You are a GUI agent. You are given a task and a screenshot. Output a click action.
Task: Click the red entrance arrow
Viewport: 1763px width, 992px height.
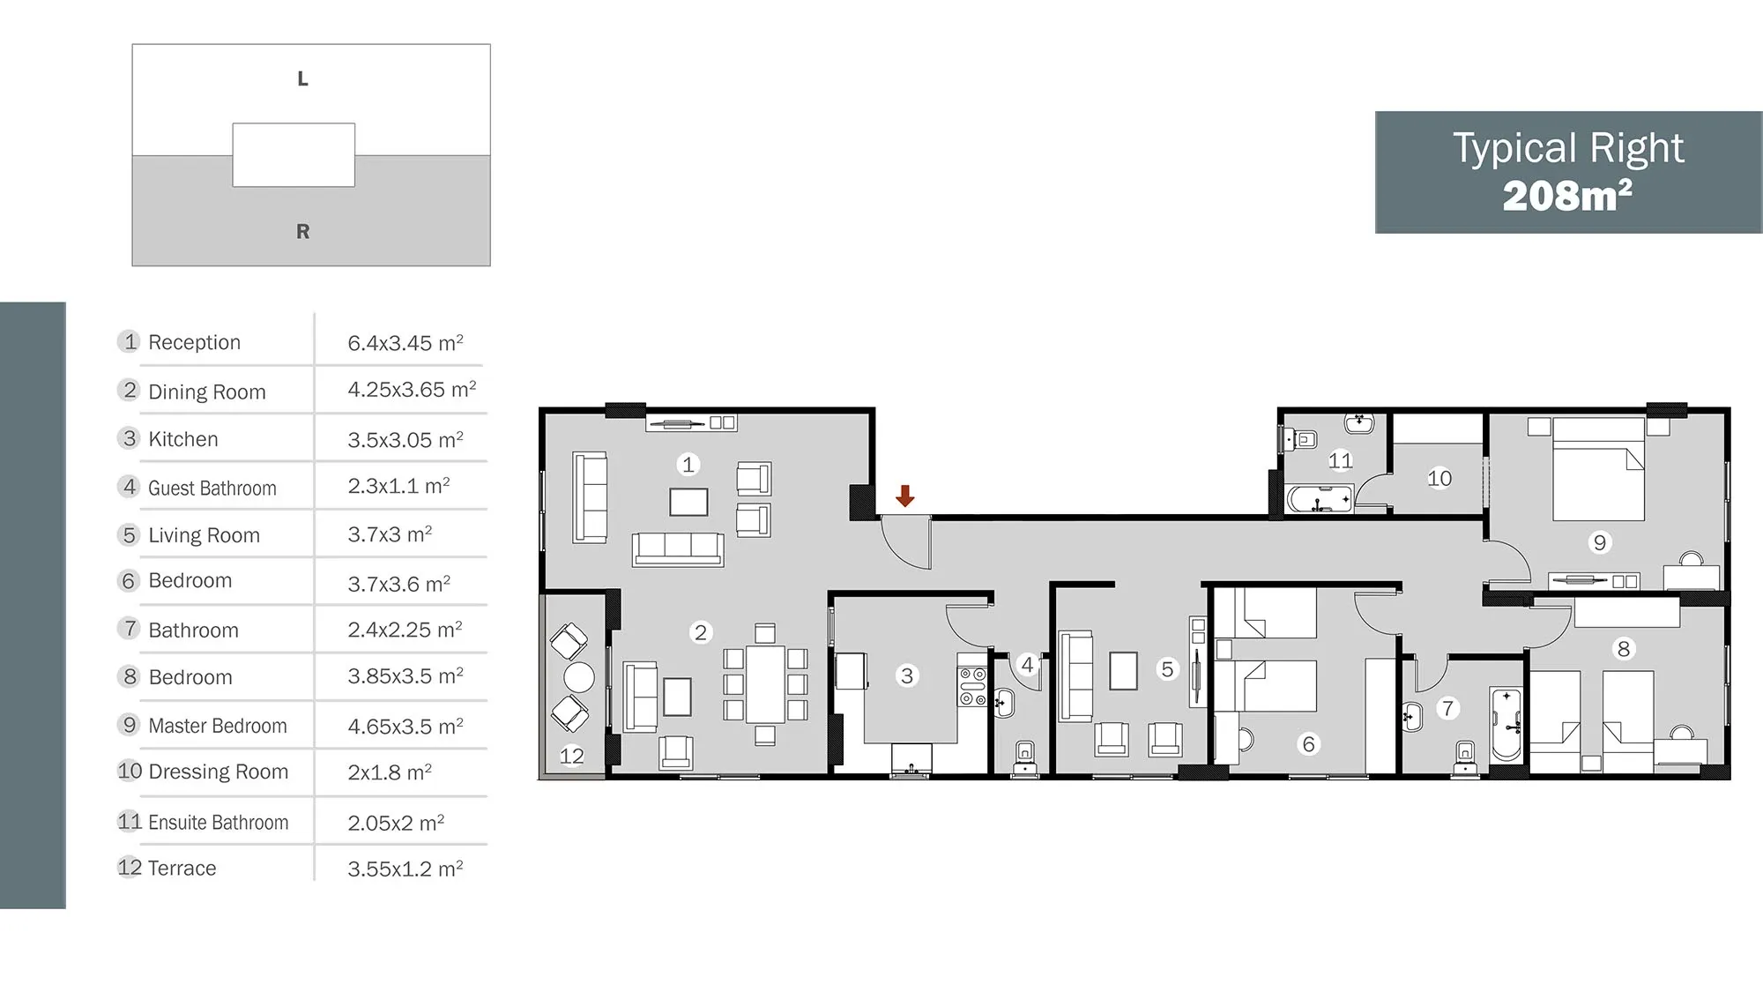click(x=904, y=496)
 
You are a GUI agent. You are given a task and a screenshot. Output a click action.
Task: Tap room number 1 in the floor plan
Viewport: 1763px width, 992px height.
click(x=688, y=464)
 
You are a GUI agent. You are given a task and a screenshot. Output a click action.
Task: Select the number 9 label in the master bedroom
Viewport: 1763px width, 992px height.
click(x=1600, y=542)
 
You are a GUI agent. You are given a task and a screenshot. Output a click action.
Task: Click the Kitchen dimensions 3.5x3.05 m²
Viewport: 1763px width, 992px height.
click(x=405, y=439)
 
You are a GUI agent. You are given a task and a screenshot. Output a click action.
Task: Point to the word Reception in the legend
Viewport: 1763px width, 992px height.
click(x=194, y=342)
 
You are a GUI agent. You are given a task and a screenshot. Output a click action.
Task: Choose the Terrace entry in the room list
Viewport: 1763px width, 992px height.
click(x=182, y=868)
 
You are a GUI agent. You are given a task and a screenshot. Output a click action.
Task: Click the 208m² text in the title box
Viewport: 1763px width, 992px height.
click(x=1567, y=196)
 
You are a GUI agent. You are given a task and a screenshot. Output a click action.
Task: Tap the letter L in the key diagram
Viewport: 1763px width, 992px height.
click(x=302, y=78)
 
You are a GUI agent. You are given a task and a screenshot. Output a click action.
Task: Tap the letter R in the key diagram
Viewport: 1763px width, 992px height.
click(x=302, y=231)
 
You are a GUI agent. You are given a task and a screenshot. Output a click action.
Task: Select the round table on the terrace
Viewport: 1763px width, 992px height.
click(x=579, y=677)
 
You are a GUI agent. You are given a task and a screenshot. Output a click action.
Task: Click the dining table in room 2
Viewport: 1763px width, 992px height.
click(x=765, y=684)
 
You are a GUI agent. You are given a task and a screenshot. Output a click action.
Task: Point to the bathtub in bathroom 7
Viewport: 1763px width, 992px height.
click(x=1506, y=724)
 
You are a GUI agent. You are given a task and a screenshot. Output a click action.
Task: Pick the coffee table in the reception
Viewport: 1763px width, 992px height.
click(x=688, y=502)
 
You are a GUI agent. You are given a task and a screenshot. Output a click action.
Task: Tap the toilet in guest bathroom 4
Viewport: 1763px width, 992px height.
click(x=1024, y=757)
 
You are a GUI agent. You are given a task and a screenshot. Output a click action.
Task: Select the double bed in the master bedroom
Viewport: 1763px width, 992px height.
click(x=1598, y=469)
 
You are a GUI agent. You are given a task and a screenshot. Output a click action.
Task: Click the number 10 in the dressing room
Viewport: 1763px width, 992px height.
click(x=1439, y=478)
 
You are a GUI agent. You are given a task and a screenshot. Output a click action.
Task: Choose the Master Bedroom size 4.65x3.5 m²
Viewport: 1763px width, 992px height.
click(x=405, y=726)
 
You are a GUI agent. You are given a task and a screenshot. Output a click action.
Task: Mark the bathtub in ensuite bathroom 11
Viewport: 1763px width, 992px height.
click(x=1319, y=499)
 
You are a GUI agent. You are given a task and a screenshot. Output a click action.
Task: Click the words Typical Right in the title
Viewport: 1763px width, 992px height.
click(x=1568, y=149)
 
